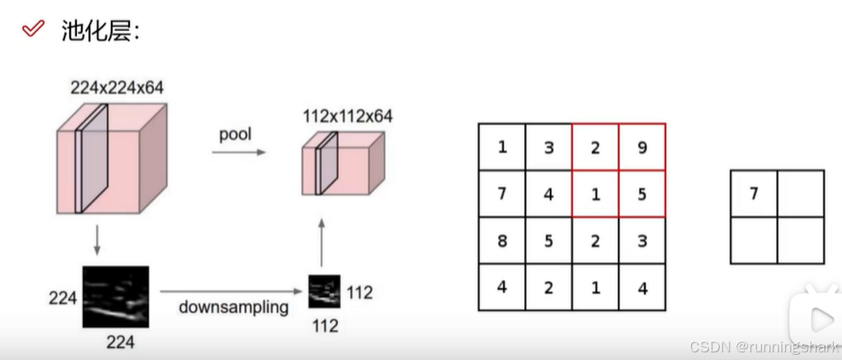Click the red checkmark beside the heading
[33, 30]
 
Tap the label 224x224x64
[117, 88]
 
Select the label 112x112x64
[348, 116]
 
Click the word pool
[236, 135]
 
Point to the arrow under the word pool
[239, 152]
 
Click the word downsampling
[234, 307]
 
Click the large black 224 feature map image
[115, 296]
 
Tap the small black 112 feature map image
[325, 292]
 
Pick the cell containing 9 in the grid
[642, 147]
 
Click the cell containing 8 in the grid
[502, 241]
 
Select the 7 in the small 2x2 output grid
[753, 194]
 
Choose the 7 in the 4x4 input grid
[502, 194]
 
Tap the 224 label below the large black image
[120, 342]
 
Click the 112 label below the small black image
[325, 325]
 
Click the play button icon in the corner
[820, 318]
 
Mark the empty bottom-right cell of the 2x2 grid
[800, 240]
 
